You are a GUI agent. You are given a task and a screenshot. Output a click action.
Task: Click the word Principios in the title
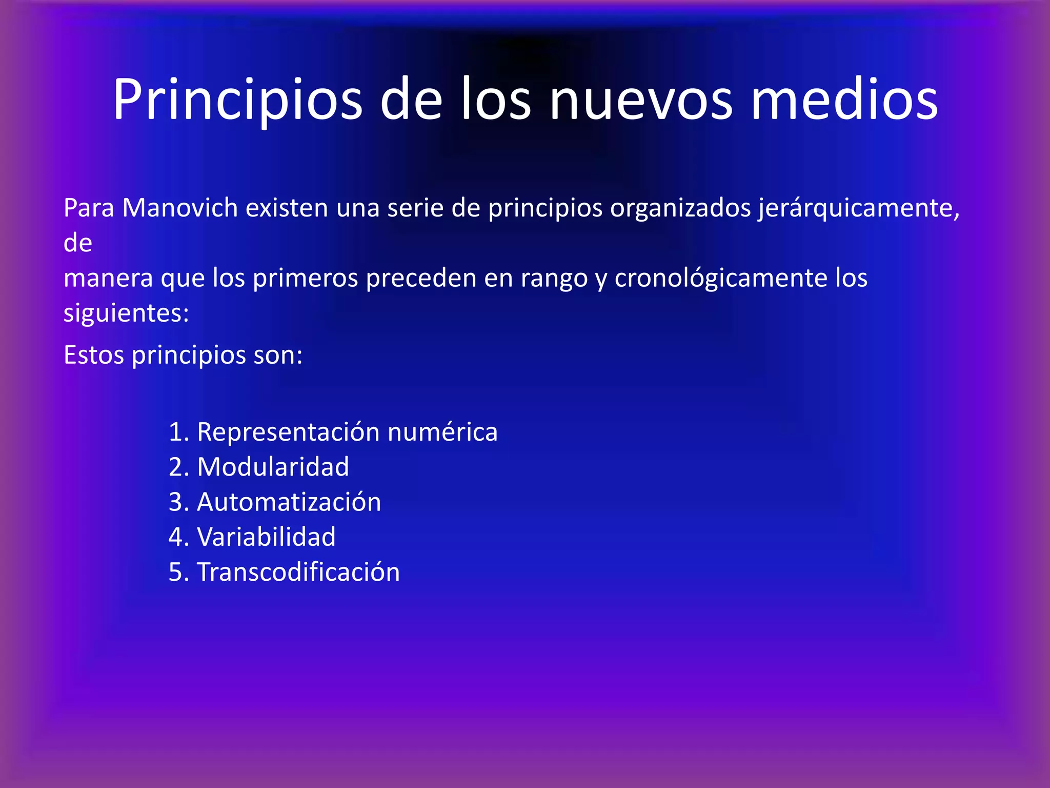coord(237,100)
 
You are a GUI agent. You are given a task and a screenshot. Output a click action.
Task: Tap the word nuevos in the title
coord(641,100)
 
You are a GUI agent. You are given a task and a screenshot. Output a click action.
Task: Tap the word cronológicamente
coord(721,279)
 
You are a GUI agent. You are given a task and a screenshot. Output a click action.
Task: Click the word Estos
coord(93,355)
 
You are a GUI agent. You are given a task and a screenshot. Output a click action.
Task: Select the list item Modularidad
coord(273,467)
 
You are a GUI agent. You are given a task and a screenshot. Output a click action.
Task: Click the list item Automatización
coord(289,502)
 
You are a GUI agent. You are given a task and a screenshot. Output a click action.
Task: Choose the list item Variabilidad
coord(266,537)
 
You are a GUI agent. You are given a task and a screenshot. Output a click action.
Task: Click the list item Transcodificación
coord(298,572)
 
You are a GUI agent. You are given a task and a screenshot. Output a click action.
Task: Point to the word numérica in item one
coord(442,432)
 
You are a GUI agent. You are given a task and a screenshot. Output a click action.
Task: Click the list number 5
coord(175,573)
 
